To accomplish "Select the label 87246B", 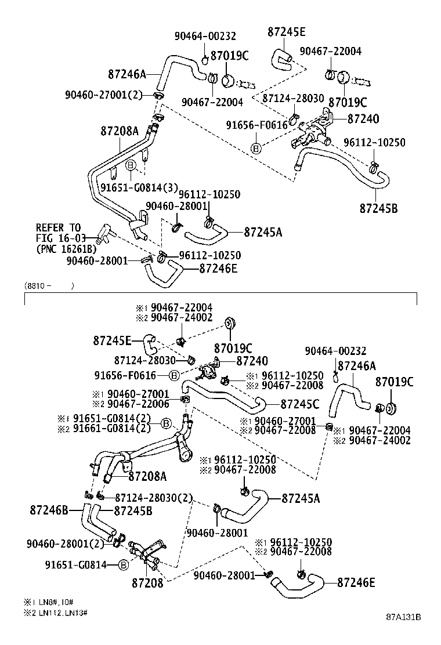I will pos(49,510).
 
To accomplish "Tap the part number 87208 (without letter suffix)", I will pos(147,582).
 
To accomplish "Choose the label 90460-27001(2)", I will pos(103,95).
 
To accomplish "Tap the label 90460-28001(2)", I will pos(65,543).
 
